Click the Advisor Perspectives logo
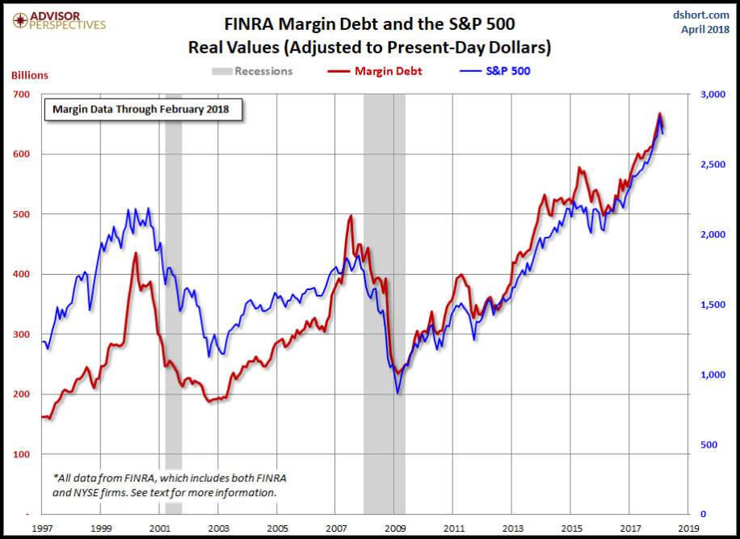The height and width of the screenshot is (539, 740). [x=54, y=19]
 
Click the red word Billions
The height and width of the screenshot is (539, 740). [x=30, y=75]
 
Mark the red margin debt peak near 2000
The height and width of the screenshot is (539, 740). [x=135, y=253]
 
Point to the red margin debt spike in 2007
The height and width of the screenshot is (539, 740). [x=351, y=216]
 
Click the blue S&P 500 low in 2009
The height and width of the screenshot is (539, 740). [x=397, y=393]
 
